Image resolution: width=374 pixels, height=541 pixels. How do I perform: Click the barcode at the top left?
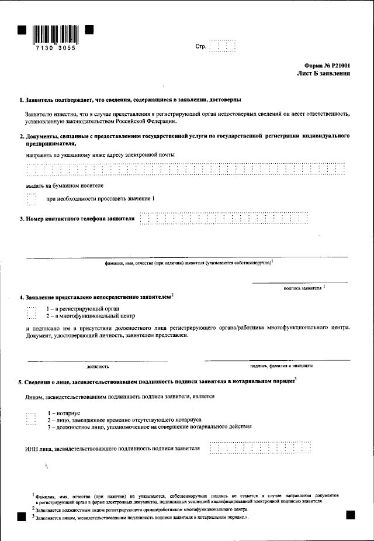point(55,34)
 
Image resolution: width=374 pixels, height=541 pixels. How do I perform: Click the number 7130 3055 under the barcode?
point(56,49)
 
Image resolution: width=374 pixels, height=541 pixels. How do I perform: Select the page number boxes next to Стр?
point(223,46)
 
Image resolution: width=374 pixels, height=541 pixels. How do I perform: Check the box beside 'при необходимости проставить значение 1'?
point(32,199)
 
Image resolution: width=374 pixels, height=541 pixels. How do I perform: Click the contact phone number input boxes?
point(224,219)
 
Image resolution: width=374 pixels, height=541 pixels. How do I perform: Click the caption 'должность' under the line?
point(98,367)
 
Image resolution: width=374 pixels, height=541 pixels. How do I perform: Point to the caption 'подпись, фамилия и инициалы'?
point(280,367)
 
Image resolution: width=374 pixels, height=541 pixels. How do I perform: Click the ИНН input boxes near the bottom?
point(260,448)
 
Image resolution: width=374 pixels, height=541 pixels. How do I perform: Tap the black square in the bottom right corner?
point(351,514)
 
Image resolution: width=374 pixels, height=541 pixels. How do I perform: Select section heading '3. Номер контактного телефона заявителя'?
point(77,219)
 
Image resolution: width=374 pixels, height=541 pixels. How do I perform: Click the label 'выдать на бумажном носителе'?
point(65,185)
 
